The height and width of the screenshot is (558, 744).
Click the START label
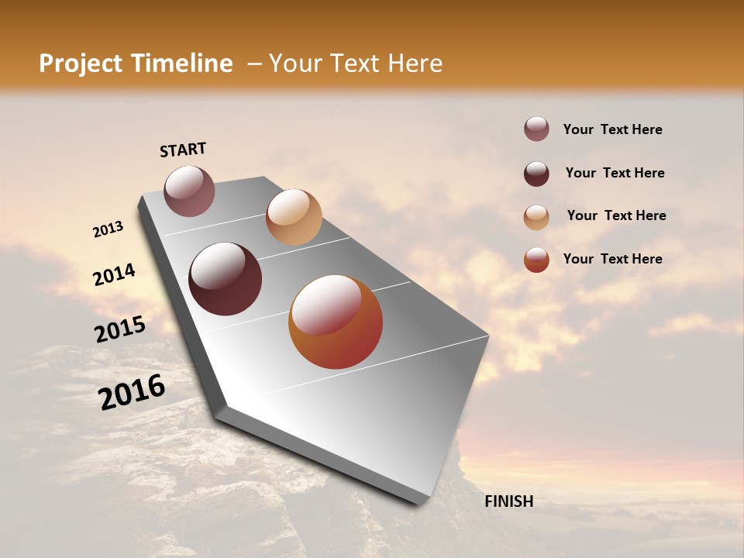[183, 150]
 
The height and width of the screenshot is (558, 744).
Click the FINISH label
[508, 501]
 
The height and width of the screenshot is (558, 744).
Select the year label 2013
[108, 229]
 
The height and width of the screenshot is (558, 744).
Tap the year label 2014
[115, 275]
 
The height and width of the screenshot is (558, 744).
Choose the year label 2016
[132, 391]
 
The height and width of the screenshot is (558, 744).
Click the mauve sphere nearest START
[189, 191]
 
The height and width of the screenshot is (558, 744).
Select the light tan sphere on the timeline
[294, 217]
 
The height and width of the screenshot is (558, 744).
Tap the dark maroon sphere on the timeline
[225, 279]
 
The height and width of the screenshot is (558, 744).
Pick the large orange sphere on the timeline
[336, 322]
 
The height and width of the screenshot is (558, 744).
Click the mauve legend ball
[536, 129]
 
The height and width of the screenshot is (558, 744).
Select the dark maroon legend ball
[536, 174]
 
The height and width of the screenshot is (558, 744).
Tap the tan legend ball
[536, 217]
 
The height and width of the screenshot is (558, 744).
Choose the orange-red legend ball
[536, 260]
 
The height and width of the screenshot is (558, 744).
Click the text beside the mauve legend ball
[612, 130]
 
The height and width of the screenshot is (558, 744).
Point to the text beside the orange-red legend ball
[612, 259]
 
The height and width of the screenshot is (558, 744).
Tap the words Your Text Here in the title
[356, 64]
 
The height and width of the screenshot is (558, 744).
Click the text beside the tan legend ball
[616, 215]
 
